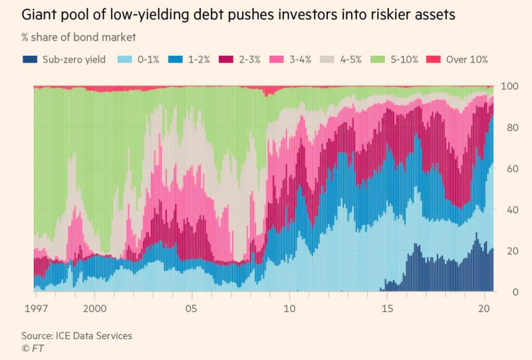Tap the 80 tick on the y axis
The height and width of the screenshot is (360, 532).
[509, 128]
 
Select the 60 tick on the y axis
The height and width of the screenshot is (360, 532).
[509, 169]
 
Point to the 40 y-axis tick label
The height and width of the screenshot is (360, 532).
[509, 210]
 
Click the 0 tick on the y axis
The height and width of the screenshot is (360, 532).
[506, 292]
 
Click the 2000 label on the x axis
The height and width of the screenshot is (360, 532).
[95, 309]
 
